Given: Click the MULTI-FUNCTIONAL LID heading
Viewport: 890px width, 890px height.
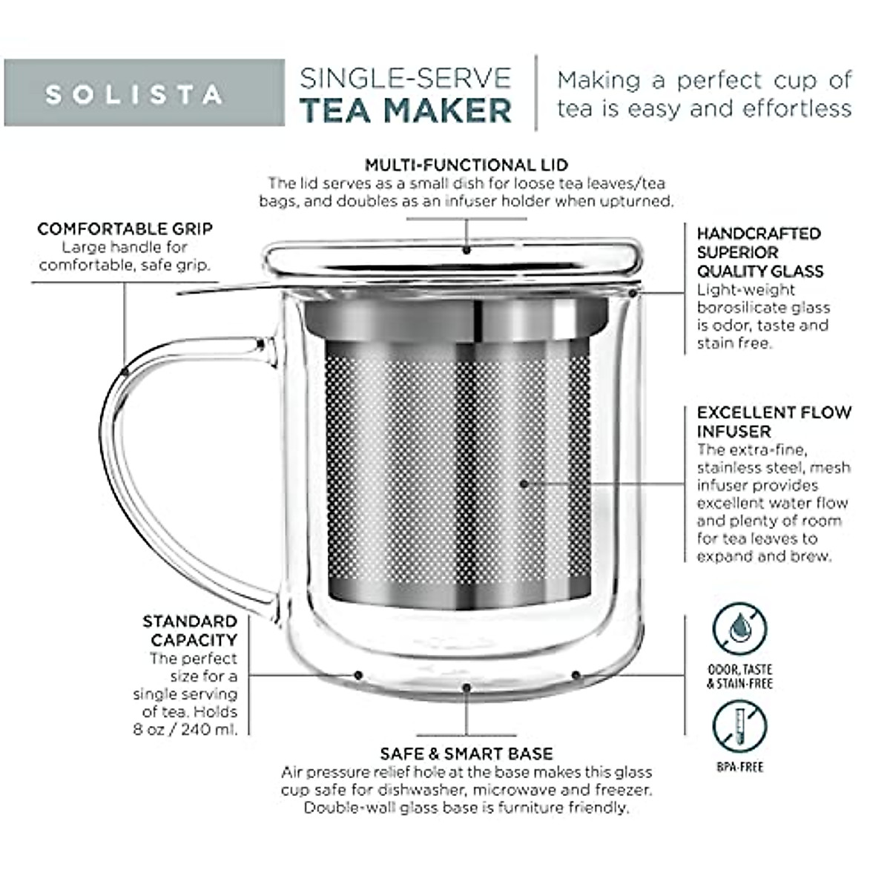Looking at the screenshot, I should click(466, 165).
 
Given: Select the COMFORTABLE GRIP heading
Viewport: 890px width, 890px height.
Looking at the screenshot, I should click(125, 228).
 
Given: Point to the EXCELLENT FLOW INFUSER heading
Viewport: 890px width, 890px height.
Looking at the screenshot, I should click(774, 421).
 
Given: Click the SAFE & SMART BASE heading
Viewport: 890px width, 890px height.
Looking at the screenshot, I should click(466, 754).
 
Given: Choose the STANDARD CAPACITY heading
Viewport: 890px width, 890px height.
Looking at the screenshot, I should click(190, 630).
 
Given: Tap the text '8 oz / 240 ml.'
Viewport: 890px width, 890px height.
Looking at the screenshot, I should click(185, 729).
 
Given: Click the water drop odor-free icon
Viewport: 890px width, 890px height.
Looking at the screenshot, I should click(739, 630).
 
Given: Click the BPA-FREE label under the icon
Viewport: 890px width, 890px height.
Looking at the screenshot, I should click(739, 767).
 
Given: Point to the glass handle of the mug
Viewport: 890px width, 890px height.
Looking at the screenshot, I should click(119, 475).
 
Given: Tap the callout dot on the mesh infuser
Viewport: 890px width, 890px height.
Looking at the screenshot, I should click(524, 484).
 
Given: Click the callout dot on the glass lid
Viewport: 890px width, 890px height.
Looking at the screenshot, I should click(467, 251).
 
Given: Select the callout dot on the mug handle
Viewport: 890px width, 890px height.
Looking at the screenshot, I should click(125, 369).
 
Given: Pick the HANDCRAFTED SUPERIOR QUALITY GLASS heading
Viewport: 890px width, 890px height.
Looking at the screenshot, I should click(759, 252).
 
